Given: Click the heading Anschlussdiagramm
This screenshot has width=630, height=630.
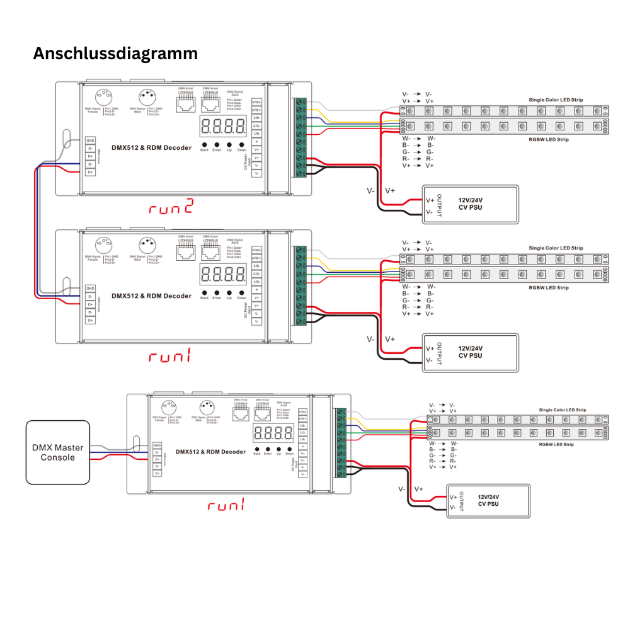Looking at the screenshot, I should click(x=115, y=54).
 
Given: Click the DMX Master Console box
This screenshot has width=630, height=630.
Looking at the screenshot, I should click(x=58, y=452).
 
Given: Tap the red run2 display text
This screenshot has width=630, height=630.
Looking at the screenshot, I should click(x=170, y=207).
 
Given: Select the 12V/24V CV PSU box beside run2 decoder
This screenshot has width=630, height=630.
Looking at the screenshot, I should click(x=470, y=204).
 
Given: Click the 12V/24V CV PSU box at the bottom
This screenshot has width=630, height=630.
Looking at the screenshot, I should click(x=488, y=500).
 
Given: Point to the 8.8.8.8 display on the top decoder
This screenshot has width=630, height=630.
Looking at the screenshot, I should click(x=223, y=126).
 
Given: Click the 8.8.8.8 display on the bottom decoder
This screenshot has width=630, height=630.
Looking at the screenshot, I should click(x=273, y=433).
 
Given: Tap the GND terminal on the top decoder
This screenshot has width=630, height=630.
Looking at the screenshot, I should click(x=91, y=140).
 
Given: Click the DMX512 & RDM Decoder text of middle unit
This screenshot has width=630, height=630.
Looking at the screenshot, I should click(x=151, y=295).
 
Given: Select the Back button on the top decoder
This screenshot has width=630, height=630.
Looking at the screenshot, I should click(x=204, y=143).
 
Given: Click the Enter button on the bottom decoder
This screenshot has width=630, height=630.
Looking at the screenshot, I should click(x=268, y=447).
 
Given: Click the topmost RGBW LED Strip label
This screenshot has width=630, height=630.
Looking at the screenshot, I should click(x=548, y=139).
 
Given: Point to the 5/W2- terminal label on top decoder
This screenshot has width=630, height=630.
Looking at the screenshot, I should click(x=257, y=101).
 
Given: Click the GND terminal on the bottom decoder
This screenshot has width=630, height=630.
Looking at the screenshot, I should click(x=157, y=445).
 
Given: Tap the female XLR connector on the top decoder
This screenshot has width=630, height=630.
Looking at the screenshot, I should click(x=103, y=96).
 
